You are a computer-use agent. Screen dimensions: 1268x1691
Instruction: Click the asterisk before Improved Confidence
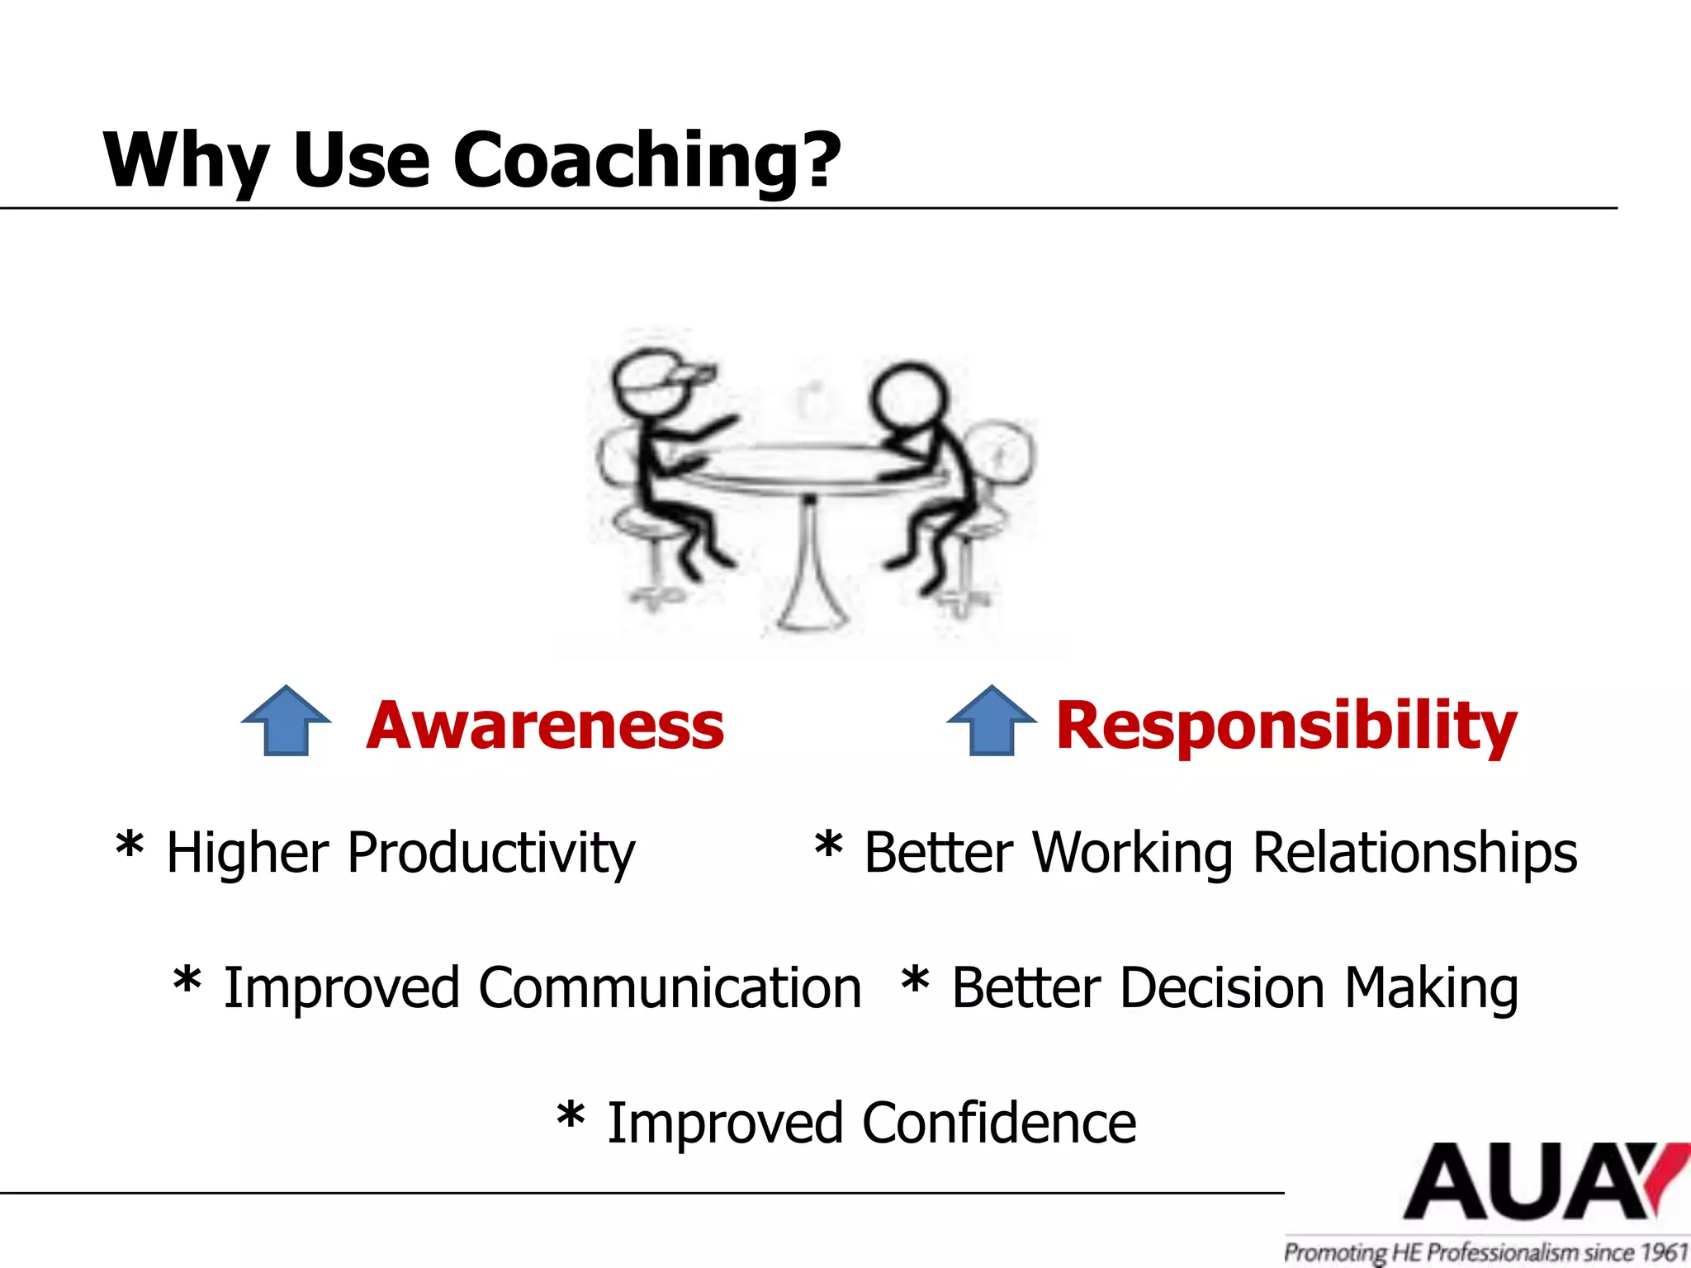(571, 1118)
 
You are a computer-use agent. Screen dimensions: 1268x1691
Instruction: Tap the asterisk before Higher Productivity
(130, 847)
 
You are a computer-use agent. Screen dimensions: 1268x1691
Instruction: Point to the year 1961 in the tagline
(1663, 1252)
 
